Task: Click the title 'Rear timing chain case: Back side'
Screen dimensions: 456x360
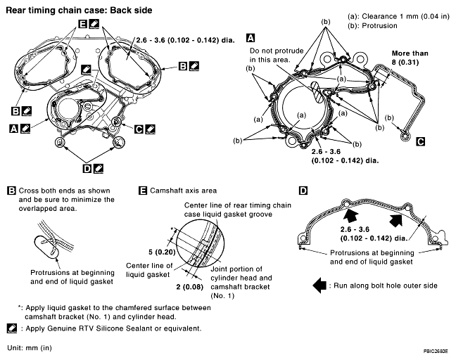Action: pos(79,11)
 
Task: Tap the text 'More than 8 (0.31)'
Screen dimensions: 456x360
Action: pos(410,58)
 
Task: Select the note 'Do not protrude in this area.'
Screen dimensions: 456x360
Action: pos(277,56)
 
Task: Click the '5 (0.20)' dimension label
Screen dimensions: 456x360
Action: pos(162,252)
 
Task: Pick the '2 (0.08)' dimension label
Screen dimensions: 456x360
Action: pos(189,287)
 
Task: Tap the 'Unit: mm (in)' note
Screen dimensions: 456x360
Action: pos(30,348)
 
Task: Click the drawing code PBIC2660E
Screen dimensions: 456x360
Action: pos(436,352)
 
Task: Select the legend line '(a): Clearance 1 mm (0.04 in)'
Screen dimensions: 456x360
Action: pos(398,17)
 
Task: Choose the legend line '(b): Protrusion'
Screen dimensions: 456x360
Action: pos(372,26)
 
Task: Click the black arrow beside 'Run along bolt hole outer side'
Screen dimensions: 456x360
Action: pos(319,285)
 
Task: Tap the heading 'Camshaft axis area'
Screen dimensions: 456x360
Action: pos(183,191)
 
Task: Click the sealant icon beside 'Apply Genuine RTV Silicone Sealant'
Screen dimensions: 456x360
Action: pos(12,328)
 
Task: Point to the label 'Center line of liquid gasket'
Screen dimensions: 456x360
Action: pos(149,270)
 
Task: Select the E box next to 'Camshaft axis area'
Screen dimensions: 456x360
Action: pos(143,191)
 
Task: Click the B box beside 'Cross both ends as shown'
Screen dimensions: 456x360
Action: pos(11,191)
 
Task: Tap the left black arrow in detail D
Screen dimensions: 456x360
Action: pos(350,215)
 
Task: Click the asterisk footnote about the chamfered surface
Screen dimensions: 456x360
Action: pos(114,312)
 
